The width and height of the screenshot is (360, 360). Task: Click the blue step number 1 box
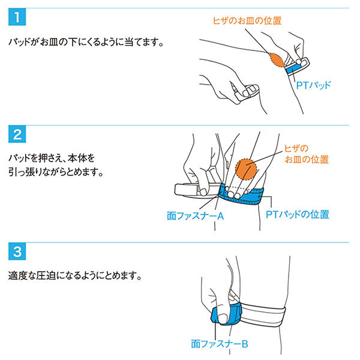pos(17,17)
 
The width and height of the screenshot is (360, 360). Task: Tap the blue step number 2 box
pos(17,134)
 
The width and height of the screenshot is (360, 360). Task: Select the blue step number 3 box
pos(17,251)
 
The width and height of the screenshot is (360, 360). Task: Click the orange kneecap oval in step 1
pos(277,59)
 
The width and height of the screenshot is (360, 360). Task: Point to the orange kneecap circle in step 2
pos(246,169)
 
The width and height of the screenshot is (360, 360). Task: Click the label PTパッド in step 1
pos(313,85)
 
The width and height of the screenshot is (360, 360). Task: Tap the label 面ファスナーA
pos(195,216)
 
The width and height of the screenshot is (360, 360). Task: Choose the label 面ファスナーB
pos(220,344)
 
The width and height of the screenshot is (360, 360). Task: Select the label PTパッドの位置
pos(298,215)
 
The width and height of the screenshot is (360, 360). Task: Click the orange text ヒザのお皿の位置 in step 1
pos(247,20)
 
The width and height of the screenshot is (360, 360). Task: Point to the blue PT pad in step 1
pos(293,68)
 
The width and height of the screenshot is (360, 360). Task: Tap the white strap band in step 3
pos(263,315)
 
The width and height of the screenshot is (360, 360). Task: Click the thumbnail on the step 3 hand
pos(222,319)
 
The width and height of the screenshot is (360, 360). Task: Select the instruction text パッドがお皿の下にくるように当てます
pos(86,42)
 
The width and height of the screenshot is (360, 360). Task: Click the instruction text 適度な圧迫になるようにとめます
pos(75,275)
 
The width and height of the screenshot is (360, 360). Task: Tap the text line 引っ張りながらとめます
pos(56,172)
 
